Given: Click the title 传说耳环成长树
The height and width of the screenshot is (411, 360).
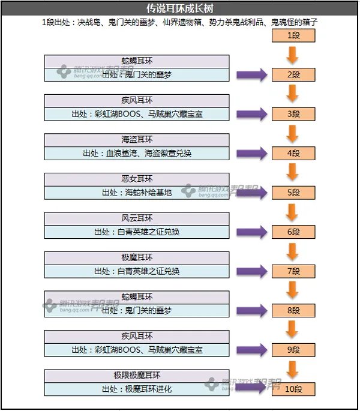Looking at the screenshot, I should tap(179, 9).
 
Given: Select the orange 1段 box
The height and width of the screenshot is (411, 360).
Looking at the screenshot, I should tap(293, 35).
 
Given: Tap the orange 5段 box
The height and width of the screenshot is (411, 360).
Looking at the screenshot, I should tap(293, 193).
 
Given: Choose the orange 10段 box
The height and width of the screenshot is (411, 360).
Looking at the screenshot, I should tap(293, 389).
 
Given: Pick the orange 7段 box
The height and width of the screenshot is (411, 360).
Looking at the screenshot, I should tap(293, 271).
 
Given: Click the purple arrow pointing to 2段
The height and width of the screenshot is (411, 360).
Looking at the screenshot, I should tap(251, 75).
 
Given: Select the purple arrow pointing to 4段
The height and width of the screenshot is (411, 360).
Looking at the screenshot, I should tap(251, 154).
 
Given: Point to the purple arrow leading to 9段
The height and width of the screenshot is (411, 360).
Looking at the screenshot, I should tap(251, 350).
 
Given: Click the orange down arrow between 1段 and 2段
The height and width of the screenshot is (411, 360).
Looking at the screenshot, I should tap(293, 55).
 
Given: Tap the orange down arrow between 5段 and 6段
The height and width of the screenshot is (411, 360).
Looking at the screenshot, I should tap(293, 212).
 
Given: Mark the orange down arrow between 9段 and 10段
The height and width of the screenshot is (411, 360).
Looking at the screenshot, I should tap(293, 370).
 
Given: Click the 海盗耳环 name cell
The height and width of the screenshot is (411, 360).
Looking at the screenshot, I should tap(137, 140).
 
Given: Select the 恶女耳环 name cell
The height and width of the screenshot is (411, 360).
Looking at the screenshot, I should tap(137, 179).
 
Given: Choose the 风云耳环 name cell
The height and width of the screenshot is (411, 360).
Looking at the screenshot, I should tap(137, 218).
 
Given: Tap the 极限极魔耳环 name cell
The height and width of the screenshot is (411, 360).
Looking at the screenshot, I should tap(137, 376).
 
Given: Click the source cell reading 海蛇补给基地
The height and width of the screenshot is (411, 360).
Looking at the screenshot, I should tap(137, 193).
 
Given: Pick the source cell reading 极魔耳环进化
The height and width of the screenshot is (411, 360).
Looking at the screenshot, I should tap(137, 389).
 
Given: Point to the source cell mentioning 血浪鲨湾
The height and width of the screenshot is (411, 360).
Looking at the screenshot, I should tap(137, 154).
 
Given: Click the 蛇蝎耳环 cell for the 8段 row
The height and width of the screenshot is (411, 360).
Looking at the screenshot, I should tap(137, 297).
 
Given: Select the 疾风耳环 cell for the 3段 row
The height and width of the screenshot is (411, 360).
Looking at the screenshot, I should tap(137, 100).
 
